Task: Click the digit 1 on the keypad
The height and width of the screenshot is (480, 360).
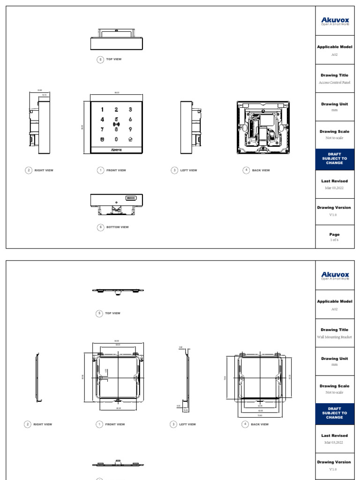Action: pyautogui.click(x=102, y=110)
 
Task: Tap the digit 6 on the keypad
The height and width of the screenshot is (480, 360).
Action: pyautogui.click(x=130, y=119)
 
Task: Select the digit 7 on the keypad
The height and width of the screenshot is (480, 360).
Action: pyautogui.click(x=102, y=128)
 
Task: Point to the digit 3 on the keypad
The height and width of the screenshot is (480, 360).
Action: pyautogui.click(x=130, y=110)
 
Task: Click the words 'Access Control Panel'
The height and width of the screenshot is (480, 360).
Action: pyautogui.click(x=334, y=82)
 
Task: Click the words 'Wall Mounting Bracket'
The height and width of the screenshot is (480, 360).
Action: pyautogui.click(x=334, y=337)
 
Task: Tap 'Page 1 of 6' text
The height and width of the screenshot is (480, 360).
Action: pyautogui.click(x=334, y=237)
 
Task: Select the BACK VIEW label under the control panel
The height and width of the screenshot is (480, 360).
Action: pyautogui.click(x=261, y=171)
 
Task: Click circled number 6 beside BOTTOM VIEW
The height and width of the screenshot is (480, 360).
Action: pyautogui.click(x=100, y=227)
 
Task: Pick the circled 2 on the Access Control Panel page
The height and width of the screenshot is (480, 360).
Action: pyautogui.click(x=29, y=171)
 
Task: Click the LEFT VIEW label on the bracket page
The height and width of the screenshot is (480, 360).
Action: pyautogui.click(x=187, y=425)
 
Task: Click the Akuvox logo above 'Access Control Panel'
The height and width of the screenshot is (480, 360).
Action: pyautogui.click(x=334, y=21)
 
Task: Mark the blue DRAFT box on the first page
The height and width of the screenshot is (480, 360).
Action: pyautogui.click(x=334, y=159)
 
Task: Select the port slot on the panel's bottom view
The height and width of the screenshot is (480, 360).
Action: pyautogui.click(x=131, y=199)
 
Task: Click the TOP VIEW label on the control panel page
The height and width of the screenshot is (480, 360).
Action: pyautogui.click(x=113, y=60)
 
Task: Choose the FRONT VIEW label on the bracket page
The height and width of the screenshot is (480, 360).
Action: pyautogui.click(x=115, y=425)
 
